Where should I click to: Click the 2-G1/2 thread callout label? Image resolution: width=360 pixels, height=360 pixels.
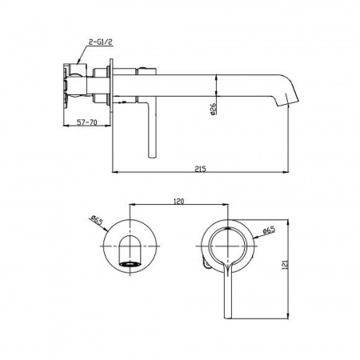[x=100, y=42]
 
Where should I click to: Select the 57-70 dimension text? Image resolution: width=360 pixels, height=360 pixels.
[x=86, y=122]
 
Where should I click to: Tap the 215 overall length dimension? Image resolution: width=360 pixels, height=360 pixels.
[x=200, y=169]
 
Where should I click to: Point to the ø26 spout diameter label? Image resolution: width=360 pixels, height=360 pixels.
[x=214, y=109]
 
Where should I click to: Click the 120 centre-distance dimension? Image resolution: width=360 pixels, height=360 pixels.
[x=178, y=201]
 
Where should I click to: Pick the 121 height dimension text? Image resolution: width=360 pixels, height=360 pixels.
[x=285, y=265]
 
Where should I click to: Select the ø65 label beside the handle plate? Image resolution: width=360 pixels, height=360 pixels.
[x=269, y=230]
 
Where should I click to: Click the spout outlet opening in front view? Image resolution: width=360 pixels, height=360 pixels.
[x=130, y=264]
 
